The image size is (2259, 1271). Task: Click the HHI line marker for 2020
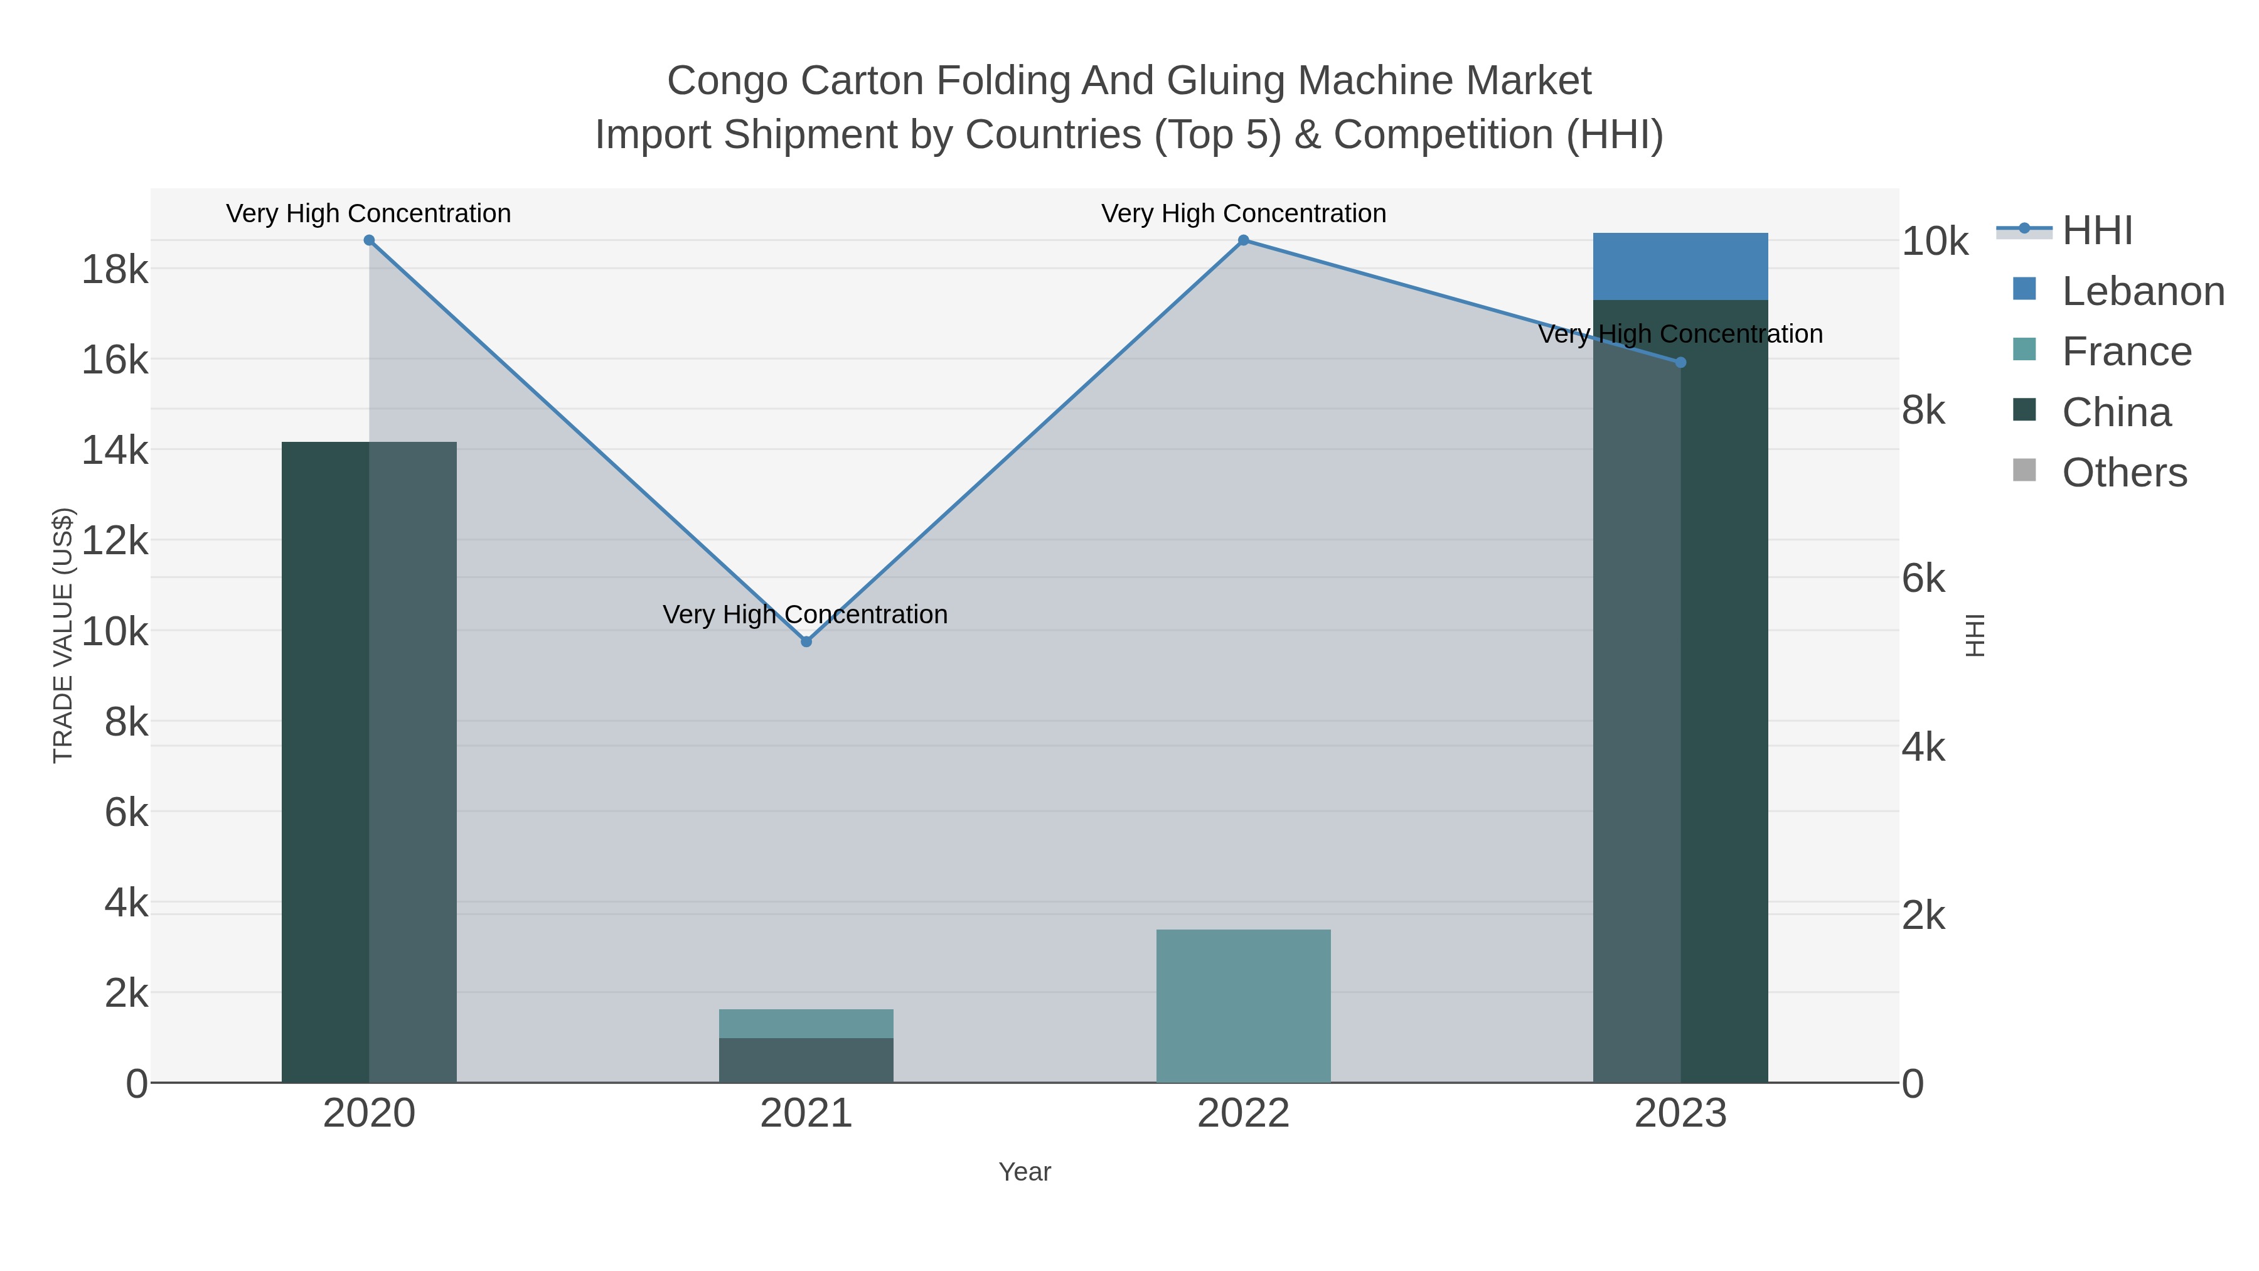pos(369,240)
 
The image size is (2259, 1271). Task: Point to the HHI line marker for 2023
pos(1680,362)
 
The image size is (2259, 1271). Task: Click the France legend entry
pos(2127,351)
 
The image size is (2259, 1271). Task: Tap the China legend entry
pos(2116,412)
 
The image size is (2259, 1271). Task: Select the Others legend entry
pos(2124,473)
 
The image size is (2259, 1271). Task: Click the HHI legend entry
pos(2096,231)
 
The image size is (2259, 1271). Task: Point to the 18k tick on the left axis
pos(115,269)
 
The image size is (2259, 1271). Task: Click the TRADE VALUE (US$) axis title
pos(63,635)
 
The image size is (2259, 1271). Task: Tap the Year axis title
pos(1024,1172)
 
